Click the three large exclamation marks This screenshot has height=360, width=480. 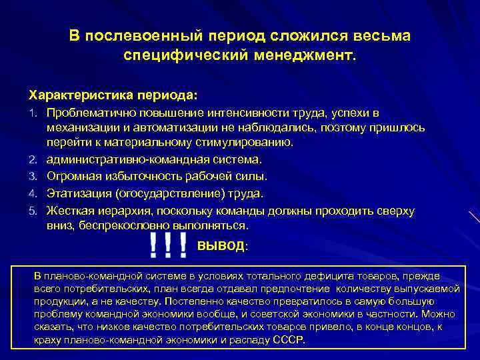click(x=168, y=245)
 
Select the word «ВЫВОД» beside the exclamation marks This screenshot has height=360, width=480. click(x=221, y=246)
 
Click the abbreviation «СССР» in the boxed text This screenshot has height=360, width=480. click(x=289, y=339)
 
